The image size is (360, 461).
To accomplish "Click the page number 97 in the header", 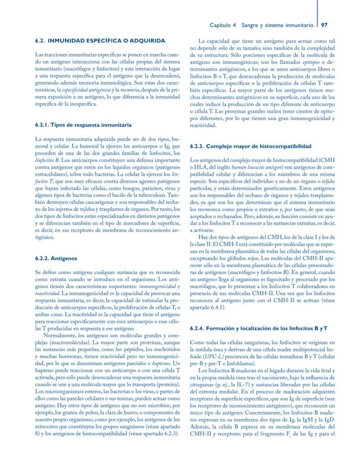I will pyautogui.click(x=324, y=25).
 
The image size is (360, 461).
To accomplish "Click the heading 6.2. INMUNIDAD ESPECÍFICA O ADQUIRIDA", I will pyautogui.click(x=100, y=40).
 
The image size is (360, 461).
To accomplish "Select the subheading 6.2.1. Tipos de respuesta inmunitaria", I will pyautogui.click(x=83, y=125).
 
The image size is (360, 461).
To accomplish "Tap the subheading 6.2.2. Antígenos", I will pyautogui.click(x=56, y=258).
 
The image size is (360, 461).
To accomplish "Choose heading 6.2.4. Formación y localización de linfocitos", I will pyautogui.click(x=259, y=327).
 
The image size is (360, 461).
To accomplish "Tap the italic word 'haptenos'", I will pyautogui.click(x=160, y=363).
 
